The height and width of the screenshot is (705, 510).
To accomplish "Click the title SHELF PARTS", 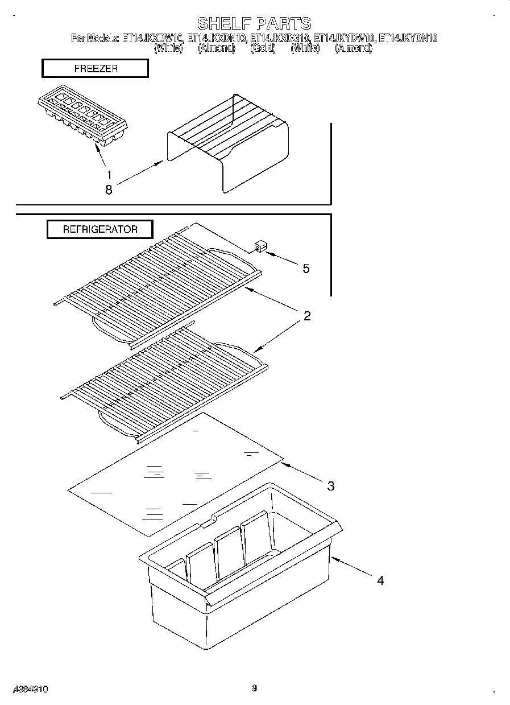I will pyautogui.click(x=254, y=23).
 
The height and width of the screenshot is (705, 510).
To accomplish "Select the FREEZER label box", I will pyautogui.click(x=95, y=68).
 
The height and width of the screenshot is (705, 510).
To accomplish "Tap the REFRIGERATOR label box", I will pyautogui.click(x=99, y=229).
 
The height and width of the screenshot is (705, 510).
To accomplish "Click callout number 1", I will pyautogui.click(x=109, y=174).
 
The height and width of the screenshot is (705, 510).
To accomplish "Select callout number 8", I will pyautogui.click(x=109, y=190).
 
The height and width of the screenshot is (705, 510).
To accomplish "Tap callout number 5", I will pyautogui.click(x=306, y=269).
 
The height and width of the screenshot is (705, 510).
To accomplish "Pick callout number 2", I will pyautogui.click(x=306, y=316).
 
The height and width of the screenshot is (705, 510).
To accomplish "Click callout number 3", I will pyautogui.click(x=330, y=485).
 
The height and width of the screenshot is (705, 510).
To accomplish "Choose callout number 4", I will pyautogui.click(x=380, y=580).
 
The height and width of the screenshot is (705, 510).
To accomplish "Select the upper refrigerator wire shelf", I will pyautogui.click(x=159, y=285).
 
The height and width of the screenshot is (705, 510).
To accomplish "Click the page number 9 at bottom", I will pyautogui.click(x=254, y=688).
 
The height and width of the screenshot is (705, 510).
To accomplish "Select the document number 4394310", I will pyautogui.click(x=31, y=688).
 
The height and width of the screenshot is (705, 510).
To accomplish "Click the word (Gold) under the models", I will pyautogui.click(x=263, y=49).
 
